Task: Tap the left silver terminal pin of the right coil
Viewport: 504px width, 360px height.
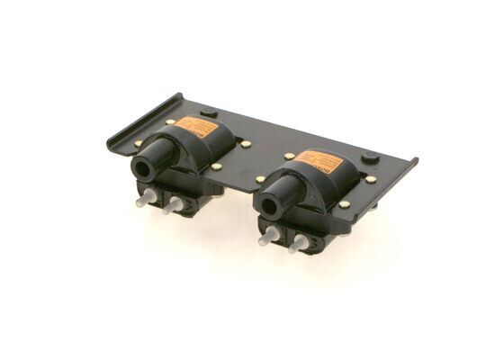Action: (x=265, y=238)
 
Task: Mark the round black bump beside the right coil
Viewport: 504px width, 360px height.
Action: (x=370, y=157)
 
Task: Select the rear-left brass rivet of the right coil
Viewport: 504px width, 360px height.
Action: (x=289, y=155)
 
